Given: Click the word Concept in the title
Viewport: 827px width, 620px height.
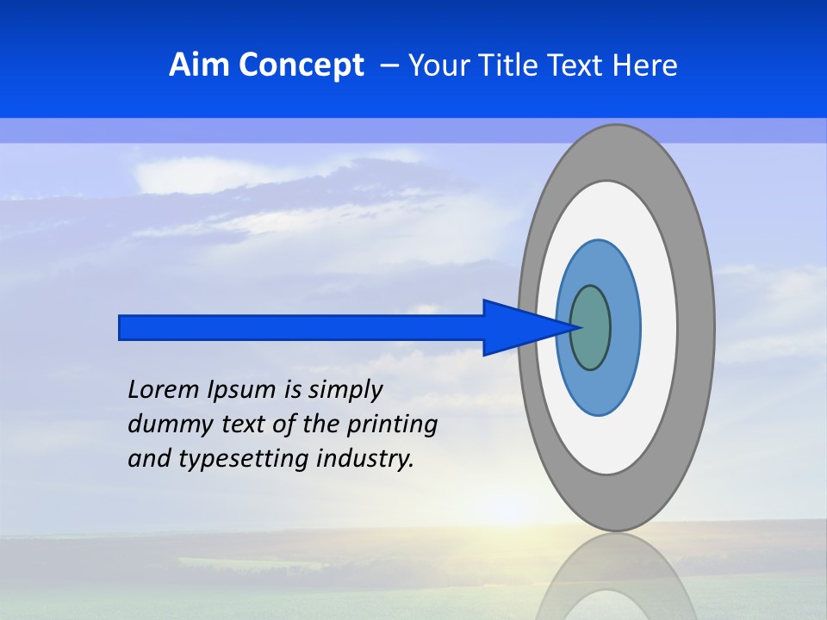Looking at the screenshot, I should click(301, 65).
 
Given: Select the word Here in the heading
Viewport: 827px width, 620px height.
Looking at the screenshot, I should click(645, 65).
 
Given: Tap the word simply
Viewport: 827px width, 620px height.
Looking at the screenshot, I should click(345, 390).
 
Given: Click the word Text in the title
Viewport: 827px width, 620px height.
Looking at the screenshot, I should click(576, 65).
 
